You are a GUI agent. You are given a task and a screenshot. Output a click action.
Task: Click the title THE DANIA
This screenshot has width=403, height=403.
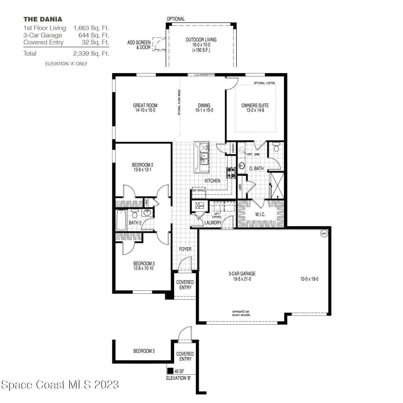43,20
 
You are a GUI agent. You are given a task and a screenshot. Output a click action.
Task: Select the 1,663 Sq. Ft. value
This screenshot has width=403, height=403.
91,28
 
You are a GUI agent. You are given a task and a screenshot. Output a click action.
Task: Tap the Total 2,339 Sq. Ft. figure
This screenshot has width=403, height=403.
91,54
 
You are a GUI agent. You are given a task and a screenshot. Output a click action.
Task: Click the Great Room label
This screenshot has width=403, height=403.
145,108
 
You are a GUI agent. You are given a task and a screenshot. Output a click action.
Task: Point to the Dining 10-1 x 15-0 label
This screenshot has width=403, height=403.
204,108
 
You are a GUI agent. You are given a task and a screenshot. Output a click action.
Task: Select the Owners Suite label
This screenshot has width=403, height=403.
255,108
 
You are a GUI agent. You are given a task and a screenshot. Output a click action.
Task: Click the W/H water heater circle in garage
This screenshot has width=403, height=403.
324,234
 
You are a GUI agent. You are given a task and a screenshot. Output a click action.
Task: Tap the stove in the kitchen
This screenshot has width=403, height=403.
231,173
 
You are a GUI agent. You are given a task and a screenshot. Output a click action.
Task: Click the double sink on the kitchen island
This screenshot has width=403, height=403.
204,159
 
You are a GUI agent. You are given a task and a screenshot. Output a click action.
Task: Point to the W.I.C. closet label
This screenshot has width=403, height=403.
260,214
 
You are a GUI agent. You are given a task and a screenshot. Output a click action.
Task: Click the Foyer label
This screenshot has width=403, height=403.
185,249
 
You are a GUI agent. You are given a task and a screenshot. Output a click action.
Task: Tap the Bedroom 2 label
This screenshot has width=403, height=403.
142,167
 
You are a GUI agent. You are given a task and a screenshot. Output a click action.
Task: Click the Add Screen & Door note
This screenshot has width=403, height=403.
139,45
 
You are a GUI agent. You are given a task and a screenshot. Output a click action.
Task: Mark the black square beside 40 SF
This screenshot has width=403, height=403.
170,371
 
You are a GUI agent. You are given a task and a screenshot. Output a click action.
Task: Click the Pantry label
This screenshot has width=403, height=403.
233,148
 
